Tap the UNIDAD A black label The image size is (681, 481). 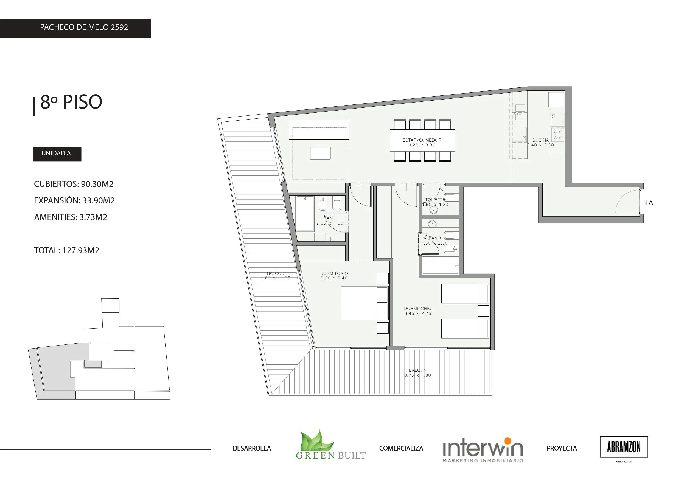coord(57,154)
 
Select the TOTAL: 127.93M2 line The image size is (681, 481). coord(66,251)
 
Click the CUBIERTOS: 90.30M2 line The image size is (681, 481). coord(74,184)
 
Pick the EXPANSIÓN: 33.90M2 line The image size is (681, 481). coord(74,201)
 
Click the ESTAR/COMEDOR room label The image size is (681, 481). coord(422,140)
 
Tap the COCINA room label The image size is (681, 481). coord(540,140)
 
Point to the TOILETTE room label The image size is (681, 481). coord(435,200)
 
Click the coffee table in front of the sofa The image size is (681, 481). coord(320,153)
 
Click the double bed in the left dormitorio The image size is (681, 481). coord(365,303)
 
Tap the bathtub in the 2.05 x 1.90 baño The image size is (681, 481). coord(305,213)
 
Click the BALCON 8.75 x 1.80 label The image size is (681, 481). coord(417,372)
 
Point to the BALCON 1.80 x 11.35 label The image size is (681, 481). coord(276,276)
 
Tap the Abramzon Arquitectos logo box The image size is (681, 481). coord(624,447)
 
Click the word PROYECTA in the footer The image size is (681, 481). coord(562,448)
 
